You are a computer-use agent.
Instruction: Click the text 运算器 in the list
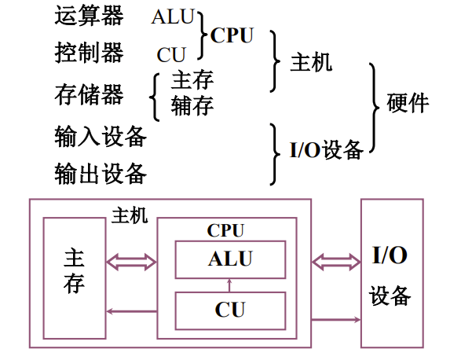pyautogui.click(x=89, y=16)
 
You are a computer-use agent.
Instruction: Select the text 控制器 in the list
pyautogui.click(x=89, y=53)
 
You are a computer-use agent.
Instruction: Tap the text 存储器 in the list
pyautogui.click(x=89, y=95)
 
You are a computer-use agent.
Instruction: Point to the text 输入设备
pyautogui.click(x=101, y=136)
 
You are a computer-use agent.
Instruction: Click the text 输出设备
pyautogui.click(x=101, y=172)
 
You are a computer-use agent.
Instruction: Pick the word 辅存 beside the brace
pyautogui.click(x=192, y=105)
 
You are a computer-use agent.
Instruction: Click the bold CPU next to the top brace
pyautogui.click(x=232, y=36)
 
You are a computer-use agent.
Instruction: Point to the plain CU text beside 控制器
pyautogui.click(x=171, y=55)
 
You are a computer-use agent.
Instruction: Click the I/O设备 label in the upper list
pyautogui.click(x=326, y=149)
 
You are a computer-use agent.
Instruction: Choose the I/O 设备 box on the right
pyautogui.click(x=390, y=273)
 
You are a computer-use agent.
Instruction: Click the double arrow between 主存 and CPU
pyautogui.click(x=131, y=261)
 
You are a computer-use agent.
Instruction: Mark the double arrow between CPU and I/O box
pyautogui.click(x=335, y=261)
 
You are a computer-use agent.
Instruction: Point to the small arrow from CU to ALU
pyautogui.click(x=229, y=285)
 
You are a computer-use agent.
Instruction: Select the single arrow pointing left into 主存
pyautogui.click(x=131, y=312)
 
